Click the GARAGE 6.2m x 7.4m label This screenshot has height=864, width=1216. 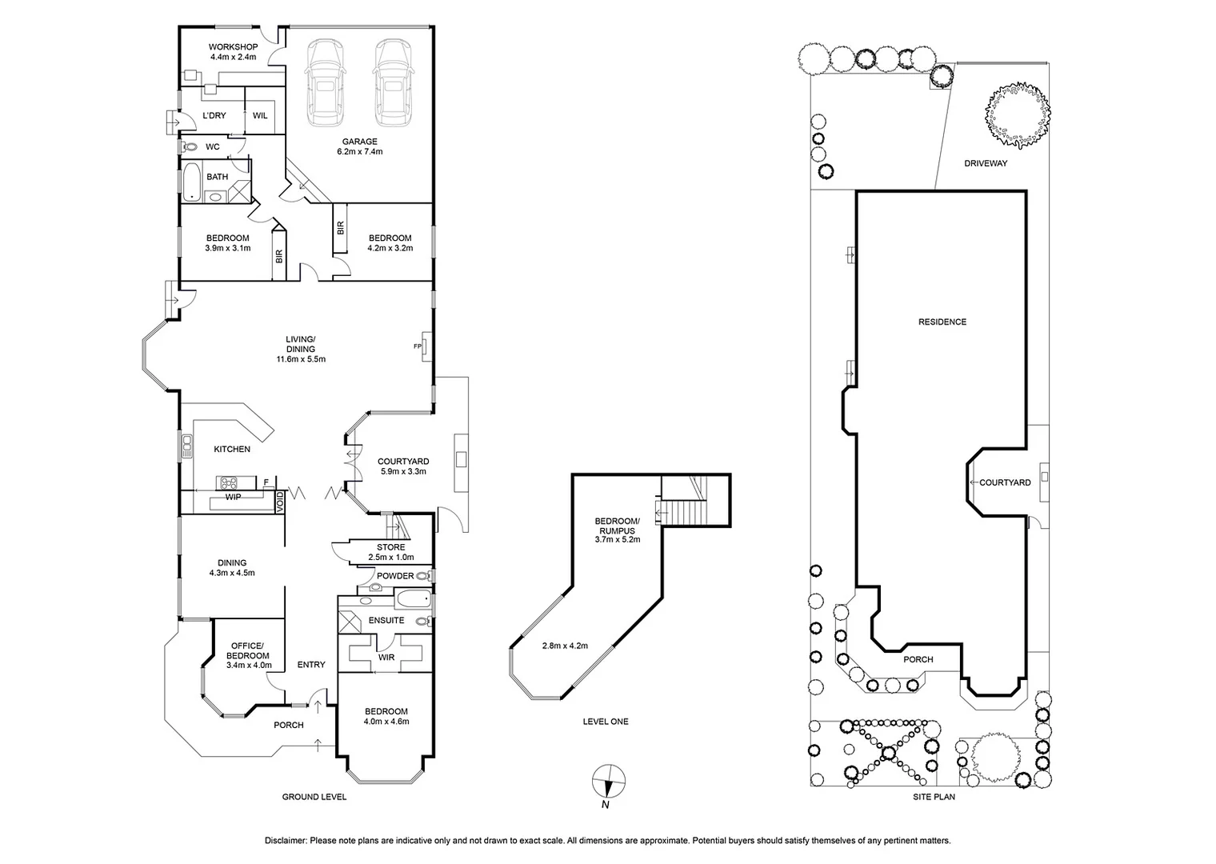(x=359, y=146)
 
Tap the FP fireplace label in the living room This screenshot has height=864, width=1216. (x=417, y=346)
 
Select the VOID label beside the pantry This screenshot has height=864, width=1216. (x=280, y=502)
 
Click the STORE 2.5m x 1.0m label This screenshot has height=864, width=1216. (x=391, y=552)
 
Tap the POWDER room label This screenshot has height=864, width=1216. (x=395, y=576)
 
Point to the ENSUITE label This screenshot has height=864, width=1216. (x=386, y=621)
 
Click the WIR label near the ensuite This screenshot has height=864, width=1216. (x=386, y=658)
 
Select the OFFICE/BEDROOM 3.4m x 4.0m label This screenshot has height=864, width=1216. (x=248, y=655)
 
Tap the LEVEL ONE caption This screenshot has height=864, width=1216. (x=606, y=722)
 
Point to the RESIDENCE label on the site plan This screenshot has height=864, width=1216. (x=942, y=322)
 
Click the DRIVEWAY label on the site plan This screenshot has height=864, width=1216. (x=985, y=163)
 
